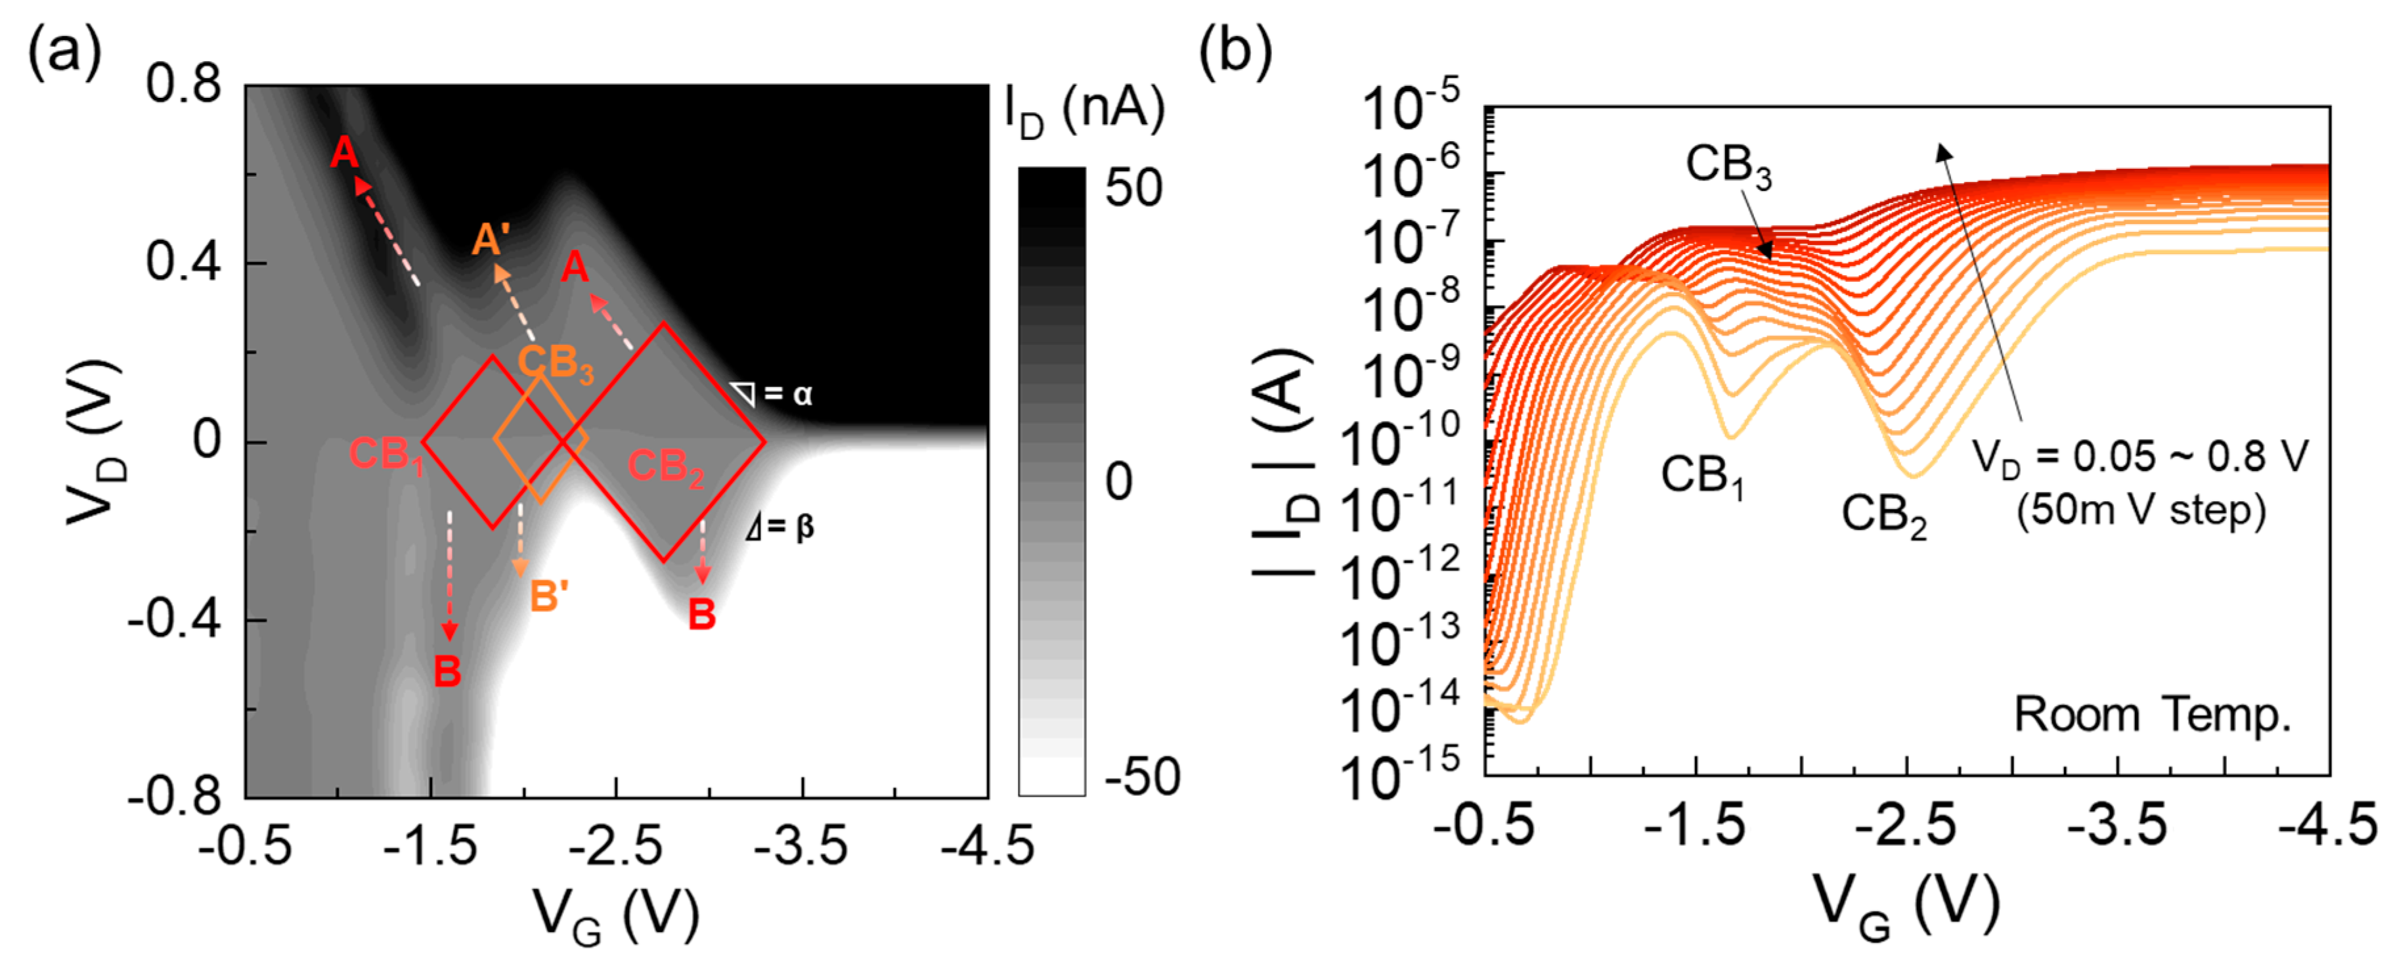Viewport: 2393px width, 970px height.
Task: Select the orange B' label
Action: pos(549,596)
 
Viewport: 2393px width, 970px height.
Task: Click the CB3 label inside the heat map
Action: pos(555,363)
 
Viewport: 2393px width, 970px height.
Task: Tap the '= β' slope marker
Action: pos(780,528)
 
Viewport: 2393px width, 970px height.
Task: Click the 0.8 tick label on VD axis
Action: pos(183,85)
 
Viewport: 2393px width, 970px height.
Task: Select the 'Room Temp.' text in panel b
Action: pos(2153,715)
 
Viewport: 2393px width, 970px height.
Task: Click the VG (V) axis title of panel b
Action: pos(1906,906)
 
